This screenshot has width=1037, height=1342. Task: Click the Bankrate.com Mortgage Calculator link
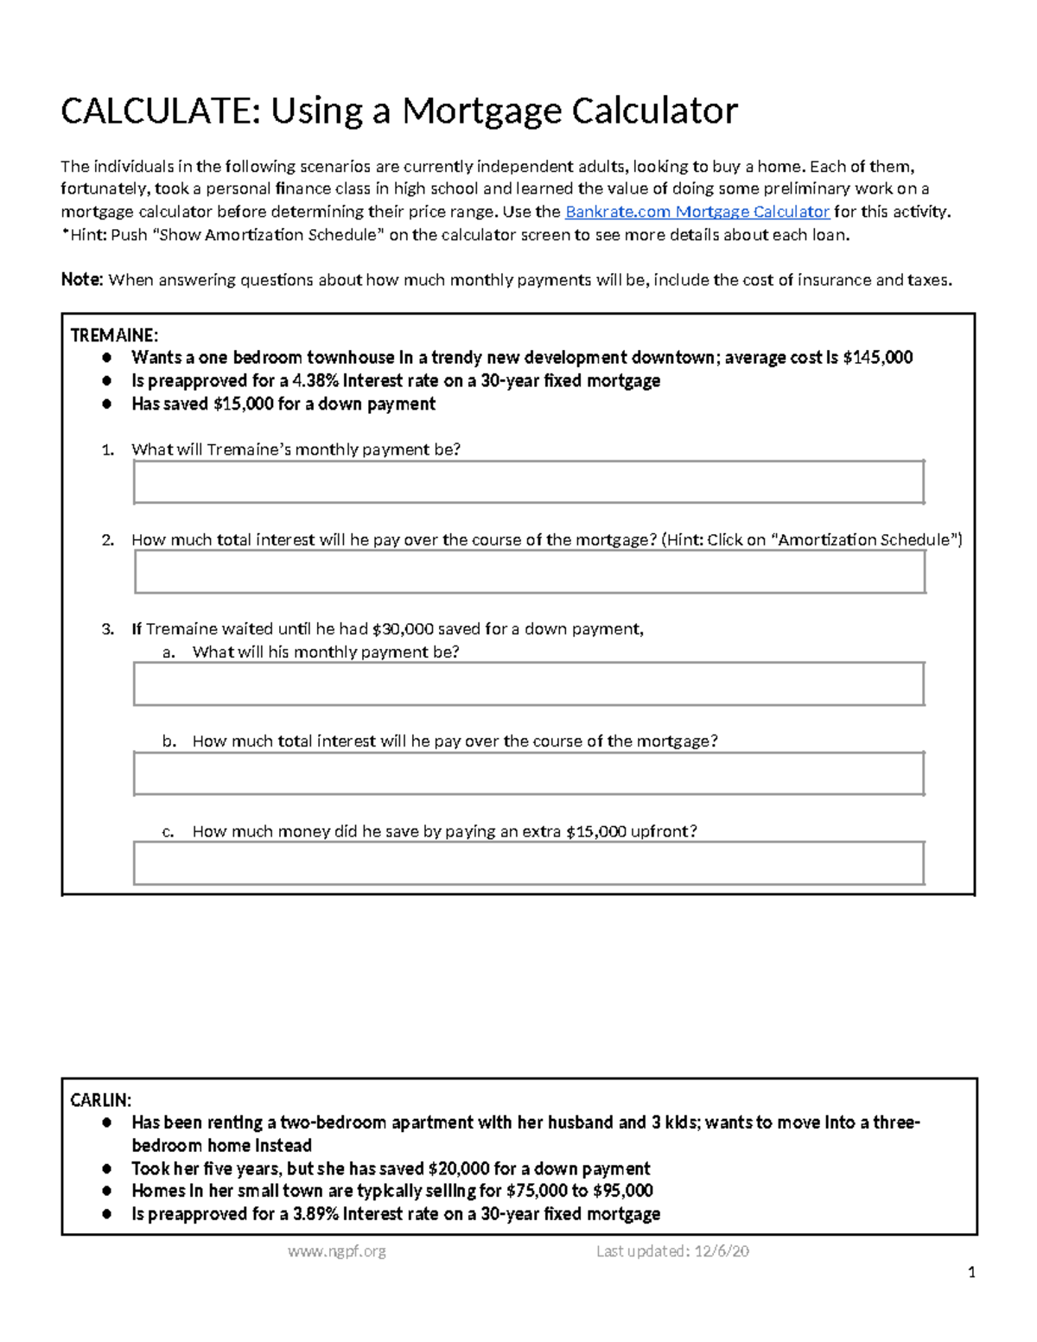(x=697, y=212)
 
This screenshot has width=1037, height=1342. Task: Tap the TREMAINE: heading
(x=114, y=335)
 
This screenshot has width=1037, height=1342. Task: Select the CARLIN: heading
(x=100, y=1100)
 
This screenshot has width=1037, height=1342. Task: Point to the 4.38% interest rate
(x=315, y=381)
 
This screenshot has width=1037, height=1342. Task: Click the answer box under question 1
(x=528, y=482)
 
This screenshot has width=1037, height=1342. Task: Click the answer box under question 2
(x=530, y=572)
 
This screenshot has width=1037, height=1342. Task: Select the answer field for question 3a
(x=528, y=684)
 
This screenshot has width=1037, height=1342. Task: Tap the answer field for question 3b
(x=528, y=773)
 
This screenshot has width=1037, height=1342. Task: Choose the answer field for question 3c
(x=528, y=863)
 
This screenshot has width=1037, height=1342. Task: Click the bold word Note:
(x=82, y=280)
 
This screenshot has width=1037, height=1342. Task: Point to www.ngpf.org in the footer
(x=337, y=1250)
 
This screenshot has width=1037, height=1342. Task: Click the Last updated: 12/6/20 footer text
(x=672, y=1250)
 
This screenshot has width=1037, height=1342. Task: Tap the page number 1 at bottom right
(x=971, y=1272)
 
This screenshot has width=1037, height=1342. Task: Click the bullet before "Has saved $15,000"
(x=106, y=404)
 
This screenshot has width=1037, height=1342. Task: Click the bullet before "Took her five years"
(x=106, y=1168)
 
